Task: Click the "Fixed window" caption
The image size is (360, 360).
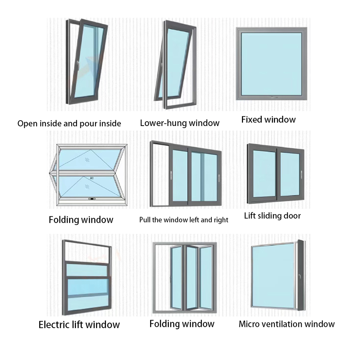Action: (268, 120)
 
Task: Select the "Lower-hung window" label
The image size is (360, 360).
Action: (180, 123)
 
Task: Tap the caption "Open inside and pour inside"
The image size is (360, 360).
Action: (69, 123)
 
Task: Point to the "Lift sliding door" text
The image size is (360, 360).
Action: (272, 216)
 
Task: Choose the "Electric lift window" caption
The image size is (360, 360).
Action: (79, 324)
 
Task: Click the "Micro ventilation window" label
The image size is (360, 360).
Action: (287, 324)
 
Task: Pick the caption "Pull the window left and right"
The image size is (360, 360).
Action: (184, 220)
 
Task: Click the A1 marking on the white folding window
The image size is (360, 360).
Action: (92, 177)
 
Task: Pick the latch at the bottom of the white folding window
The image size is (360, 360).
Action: (93, 198)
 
